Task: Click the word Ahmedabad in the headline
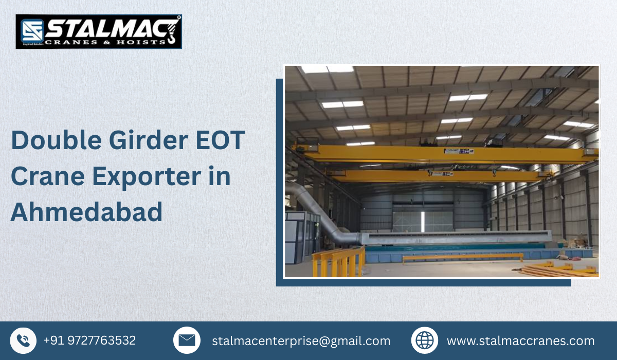pyautogui.click(x=86, y=212)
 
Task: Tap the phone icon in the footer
pyautogui.click(x=23, y=340)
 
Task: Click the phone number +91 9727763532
pyautogui.click(x=89, y=340)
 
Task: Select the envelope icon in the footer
pyautogui.click(x=187, y=340)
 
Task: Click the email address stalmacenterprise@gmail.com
pyautogui.click(x=301, y=341)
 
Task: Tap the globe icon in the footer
pyautogui.click(x=425, y=340)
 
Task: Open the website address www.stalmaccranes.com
pyautogui.click(x=520, y=341)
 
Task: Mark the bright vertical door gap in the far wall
pyautogui.click(x=422, y=221)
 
